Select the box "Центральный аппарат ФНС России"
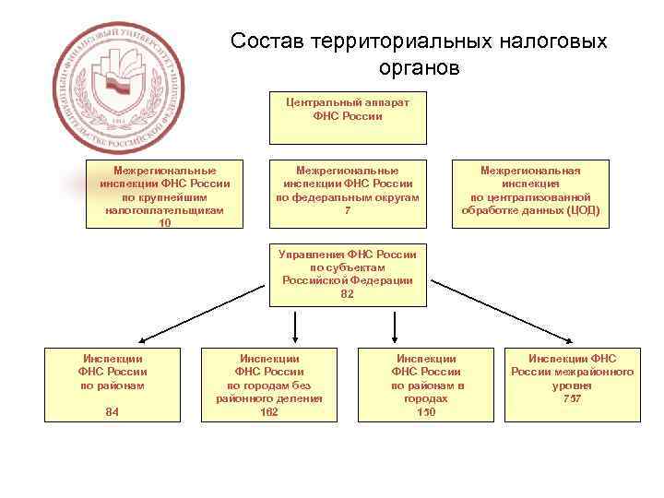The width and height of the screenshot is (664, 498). [x=348, y=117]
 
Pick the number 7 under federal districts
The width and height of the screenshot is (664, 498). [x=348, y=209]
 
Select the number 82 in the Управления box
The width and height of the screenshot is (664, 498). [x=348, y=294]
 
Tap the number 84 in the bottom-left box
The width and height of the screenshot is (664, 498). [x=113, y=412]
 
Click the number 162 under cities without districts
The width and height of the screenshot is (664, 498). [x=269, y=412]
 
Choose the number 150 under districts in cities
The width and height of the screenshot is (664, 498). [x=426, y=412]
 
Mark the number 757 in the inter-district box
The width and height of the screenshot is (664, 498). [x=572, y=398]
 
